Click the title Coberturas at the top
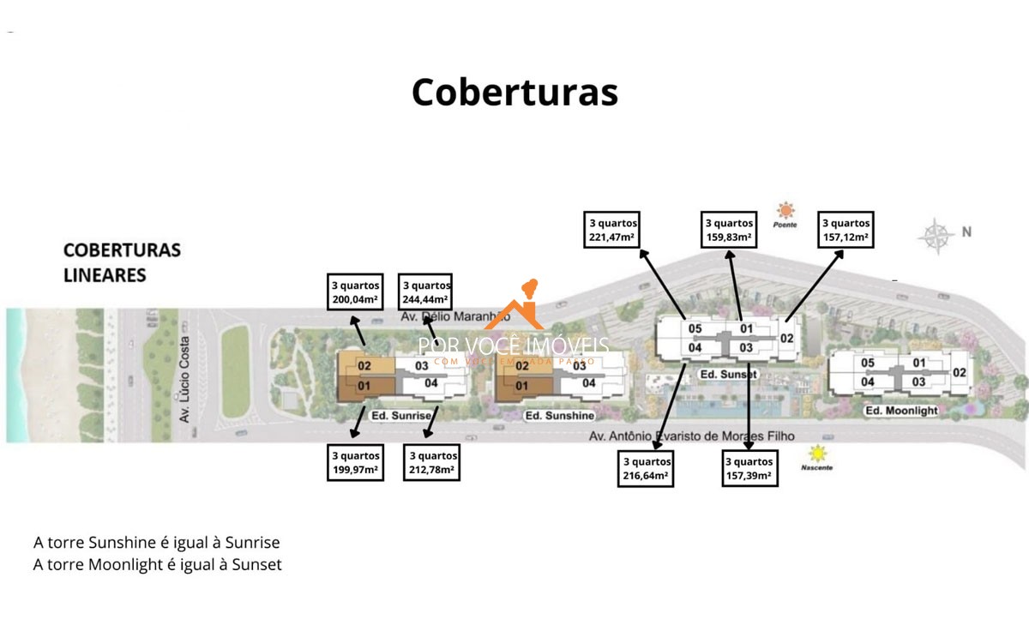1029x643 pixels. click(x=514, y=93)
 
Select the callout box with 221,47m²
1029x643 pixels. click(x=612, y=231)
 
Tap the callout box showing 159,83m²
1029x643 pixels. click(x=729, y=231)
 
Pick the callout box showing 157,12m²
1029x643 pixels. click(x=845, y=231)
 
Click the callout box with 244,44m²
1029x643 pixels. click(x=426, y=293)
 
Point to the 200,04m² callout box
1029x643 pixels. click(x=355, y=293)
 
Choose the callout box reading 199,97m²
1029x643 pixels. click(x=356, y=463)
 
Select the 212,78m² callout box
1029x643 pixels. click(x=433, y=463)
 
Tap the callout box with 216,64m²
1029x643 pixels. click(x=646, y=468)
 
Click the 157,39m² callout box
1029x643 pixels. click(x=749, y=468)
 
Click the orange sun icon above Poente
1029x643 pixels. click(x=784, y=210)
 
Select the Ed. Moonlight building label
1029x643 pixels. click(x=900, y=412)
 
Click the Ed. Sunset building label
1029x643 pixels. click(x=729, y=375)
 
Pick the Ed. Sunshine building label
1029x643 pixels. click(x=559, y=416)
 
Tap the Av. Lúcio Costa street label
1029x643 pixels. click(x=184, y=378)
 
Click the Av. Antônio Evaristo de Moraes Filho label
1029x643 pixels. click(x=691, y=436)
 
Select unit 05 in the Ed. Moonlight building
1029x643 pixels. click(x=868, y=364)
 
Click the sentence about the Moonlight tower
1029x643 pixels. click(x=158, y=564)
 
